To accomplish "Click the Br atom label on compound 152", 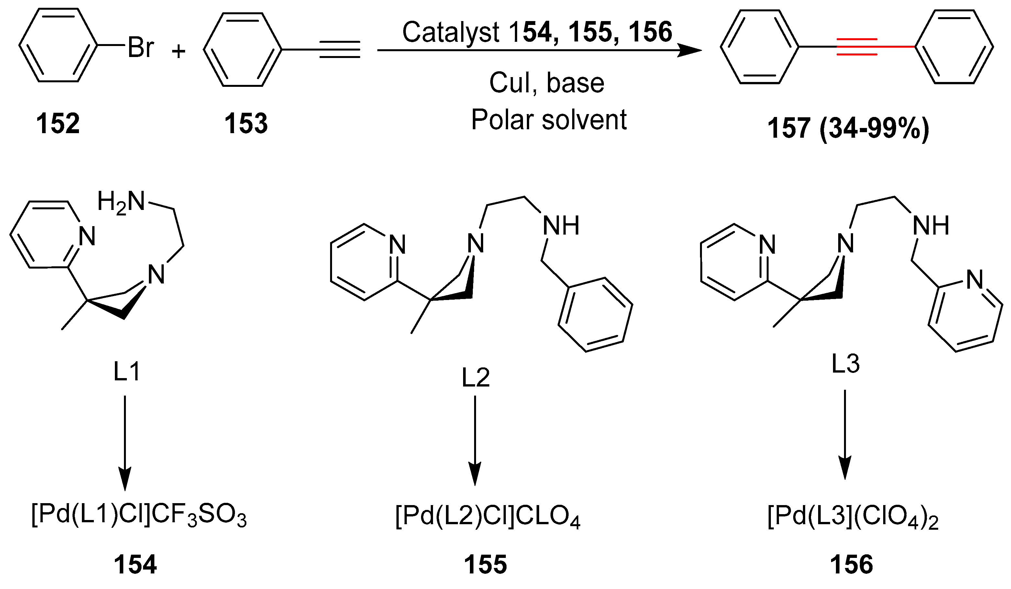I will click(x=141, y=48).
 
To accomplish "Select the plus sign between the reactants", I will click(x=179, y=51).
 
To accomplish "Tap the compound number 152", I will click(x=58, y=124).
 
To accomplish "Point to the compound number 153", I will click(x=246, y=124).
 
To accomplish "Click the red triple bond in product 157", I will click(x=857, y=47).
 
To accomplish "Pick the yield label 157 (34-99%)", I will click(x=848, y=129).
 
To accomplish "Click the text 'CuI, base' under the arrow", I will click(x=546, y=83).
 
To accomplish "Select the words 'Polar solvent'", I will click(x=549, y=120).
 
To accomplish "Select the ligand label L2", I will click(x=475, y=378).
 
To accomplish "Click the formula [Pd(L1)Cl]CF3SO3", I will click(x=139, y=515).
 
